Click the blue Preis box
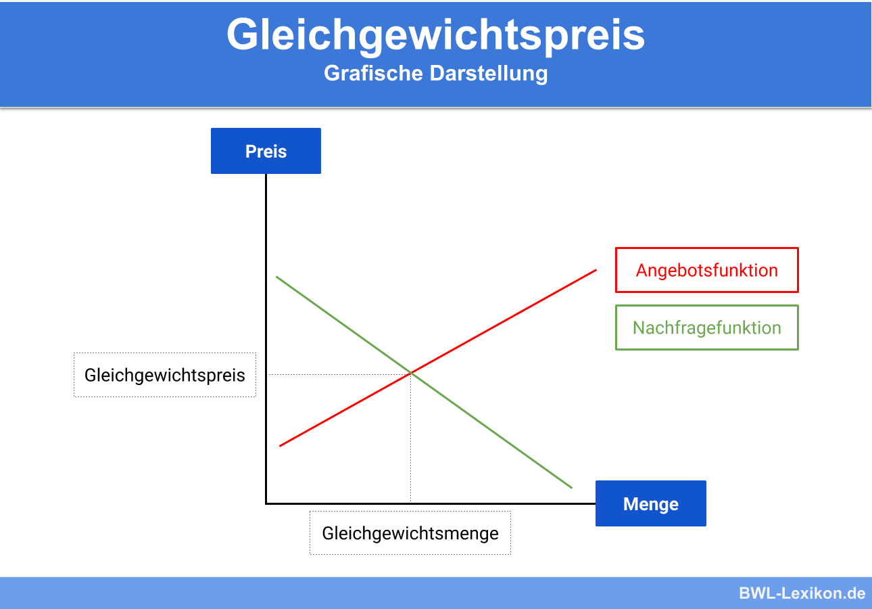266,151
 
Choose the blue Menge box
650,503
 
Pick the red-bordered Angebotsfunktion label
706,270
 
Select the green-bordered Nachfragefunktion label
706,328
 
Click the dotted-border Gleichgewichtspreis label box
164,374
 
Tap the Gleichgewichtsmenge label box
410,533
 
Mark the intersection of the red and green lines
412,372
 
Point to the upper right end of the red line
596,270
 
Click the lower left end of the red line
280,445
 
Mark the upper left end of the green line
276,276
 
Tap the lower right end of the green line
572,487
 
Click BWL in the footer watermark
756,593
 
